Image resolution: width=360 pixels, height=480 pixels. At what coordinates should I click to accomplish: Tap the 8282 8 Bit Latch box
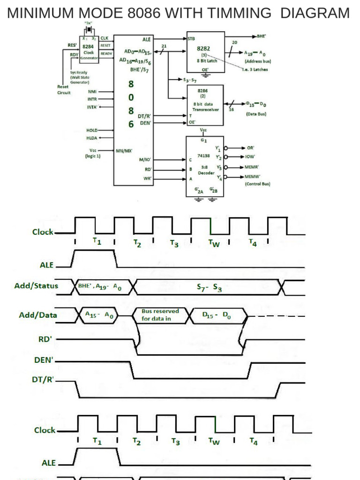pos(205,54)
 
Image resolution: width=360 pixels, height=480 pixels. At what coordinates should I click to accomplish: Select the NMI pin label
pos(92,92)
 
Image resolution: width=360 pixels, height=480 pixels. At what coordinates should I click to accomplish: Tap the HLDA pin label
pos(92,137)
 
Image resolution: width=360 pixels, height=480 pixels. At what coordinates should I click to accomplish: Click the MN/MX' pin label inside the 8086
pos(124,151)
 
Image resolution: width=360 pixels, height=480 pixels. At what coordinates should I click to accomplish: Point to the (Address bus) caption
pos(257,61)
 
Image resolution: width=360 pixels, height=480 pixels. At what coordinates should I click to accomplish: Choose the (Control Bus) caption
pos(257,184)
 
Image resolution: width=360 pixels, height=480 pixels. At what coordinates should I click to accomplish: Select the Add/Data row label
pos(38,315)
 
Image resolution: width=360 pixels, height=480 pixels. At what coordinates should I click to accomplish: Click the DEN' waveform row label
pos(45,361)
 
